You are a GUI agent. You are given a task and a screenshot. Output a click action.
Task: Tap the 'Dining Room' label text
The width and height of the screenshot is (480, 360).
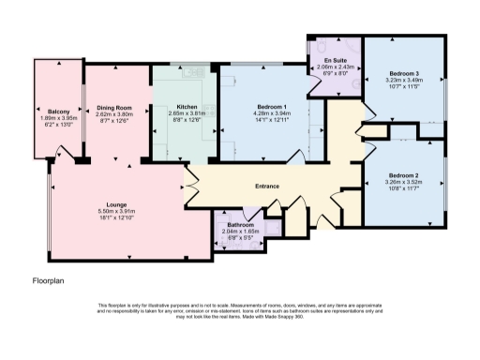click(x=111, y=108)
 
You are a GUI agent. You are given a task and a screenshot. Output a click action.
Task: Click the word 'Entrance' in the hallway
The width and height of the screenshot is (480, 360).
click(x=268, y=186)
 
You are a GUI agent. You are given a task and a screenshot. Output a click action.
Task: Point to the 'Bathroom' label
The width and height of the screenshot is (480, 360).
click(x=240, y=225)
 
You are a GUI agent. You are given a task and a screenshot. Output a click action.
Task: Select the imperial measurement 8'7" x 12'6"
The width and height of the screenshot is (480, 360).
click(x=111, y=122)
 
